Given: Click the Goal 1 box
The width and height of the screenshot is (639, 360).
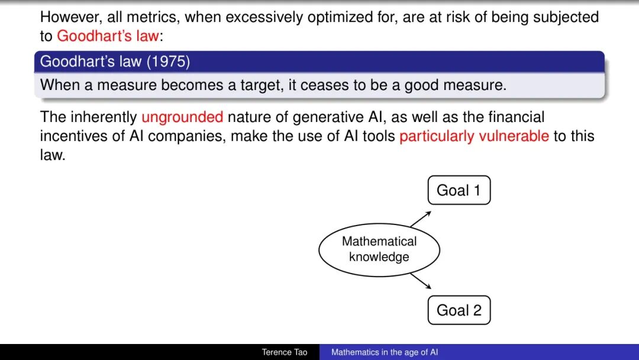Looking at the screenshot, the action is click(459, 191).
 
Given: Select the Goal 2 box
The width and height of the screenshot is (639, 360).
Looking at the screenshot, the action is click(459, 310).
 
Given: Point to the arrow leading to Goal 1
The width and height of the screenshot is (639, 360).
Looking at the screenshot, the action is click(421, 219).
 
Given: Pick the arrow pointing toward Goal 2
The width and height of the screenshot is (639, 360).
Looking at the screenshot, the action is click(421, 281).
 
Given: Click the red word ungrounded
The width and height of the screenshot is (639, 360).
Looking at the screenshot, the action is click(182, 117).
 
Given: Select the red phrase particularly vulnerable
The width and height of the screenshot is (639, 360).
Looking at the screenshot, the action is click(474, 136).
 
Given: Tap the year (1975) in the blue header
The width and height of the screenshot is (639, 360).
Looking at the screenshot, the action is click(168, 62).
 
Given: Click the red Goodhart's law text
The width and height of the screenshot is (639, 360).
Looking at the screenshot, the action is click(108, 36).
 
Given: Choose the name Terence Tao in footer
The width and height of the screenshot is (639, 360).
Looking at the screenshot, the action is click(285, 352).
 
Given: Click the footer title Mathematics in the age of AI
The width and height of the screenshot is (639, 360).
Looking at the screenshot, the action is click(385, 352).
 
